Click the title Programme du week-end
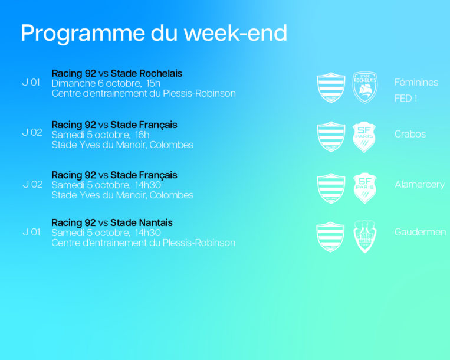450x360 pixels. tap(154, 34)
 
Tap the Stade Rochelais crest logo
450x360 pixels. tap(364, 87)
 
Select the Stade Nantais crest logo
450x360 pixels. tap(364, 236)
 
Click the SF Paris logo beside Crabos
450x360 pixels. tap(364, 137)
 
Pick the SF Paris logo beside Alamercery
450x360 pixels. tap(364, 188)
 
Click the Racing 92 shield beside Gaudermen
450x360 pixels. tap(330, 237)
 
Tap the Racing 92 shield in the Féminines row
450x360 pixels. tap(331, 87)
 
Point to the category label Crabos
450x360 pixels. tap(410, 134)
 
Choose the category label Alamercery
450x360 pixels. tap(419, 184)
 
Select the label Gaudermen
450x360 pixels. tap(420, 232)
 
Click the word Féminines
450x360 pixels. tap(416, 83)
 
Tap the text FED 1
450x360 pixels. tap(406, 99)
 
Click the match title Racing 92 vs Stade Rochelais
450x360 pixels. tap(117, 74)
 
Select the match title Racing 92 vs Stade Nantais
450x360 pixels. tap(112, 222)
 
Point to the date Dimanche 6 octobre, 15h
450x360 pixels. tap(106, 84)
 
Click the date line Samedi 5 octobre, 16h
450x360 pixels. tap(100, 135)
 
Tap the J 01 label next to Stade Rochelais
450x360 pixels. tap(31, 83)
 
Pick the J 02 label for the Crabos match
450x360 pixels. tap(32, 133)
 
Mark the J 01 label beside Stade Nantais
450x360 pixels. tap(31, 232)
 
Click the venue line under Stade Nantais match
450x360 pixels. tap(143, 243)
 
